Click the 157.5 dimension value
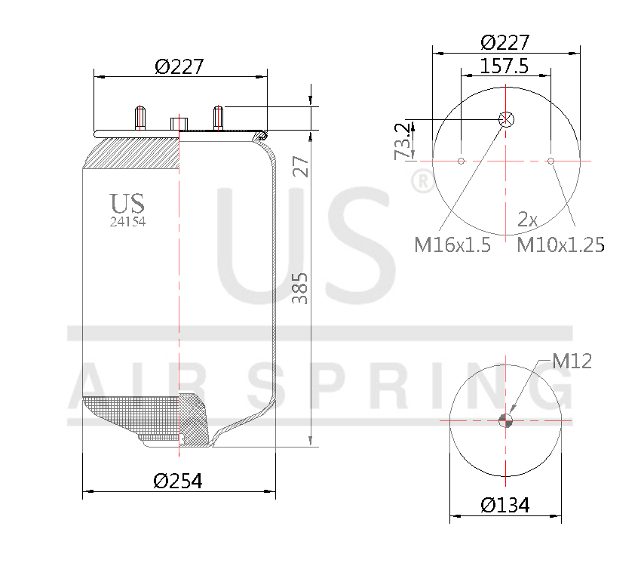(504, 66)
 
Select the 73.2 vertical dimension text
(404, 140)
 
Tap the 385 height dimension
(299, 288)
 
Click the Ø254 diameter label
(178, 481)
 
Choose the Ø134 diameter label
(505, 505)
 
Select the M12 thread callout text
(572, 361)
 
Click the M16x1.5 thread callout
(452, 245)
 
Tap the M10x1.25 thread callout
(560, 245)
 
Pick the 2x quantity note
(527, 220)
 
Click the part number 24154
(128, 222)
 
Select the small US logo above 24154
(127, 203)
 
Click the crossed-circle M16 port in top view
(506, 118)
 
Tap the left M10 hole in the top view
(460, 160)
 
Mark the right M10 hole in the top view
(551, 160)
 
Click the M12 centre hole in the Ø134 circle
(506, 421)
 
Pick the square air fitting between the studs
(179, 123)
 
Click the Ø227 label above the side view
(179, 66)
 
